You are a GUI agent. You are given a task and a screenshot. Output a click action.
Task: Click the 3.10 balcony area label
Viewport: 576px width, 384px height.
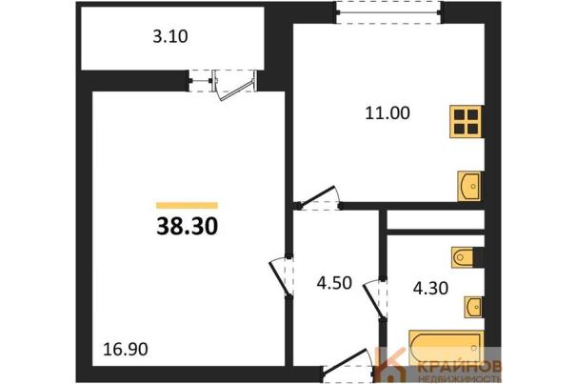click(170, 37)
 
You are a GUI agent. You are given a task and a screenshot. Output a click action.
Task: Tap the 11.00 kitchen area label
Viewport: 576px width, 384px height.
click(387, 113)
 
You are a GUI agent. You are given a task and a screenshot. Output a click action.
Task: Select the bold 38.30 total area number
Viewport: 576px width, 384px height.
click(188, 226)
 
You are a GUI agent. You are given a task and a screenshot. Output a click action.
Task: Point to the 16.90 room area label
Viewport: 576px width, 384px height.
click(126, 349)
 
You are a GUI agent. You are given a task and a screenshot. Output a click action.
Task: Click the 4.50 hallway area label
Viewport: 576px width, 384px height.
click(334, 283)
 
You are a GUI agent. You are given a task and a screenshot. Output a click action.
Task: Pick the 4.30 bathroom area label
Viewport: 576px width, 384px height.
click(430, 289)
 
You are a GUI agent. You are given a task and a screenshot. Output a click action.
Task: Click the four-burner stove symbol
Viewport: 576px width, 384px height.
click(466, 122)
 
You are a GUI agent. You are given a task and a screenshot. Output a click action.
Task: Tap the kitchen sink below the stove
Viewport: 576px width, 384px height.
click(469, 186)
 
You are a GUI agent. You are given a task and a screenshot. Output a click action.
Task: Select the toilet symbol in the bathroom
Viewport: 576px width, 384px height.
click(463, 257)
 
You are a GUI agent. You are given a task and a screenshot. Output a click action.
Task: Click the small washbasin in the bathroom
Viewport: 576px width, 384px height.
click(473, 307)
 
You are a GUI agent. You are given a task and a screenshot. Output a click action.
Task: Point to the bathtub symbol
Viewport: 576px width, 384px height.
click(446, 347)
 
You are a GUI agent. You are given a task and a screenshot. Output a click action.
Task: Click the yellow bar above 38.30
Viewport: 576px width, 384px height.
click(187, 206)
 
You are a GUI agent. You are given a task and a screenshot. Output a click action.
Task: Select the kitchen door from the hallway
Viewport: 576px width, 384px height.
click(319, 198)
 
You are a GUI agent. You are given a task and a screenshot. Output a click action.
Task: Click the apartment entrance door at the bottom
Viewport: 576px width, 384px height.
click(348, 362)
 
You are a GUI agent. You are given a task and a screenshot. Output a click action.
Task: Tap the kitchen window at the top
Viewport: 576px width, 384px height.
click(389, 13)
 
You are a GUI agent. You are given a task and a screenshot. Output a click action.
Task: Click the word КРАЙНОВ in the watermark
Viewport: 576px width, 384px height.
click(460, 367)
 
